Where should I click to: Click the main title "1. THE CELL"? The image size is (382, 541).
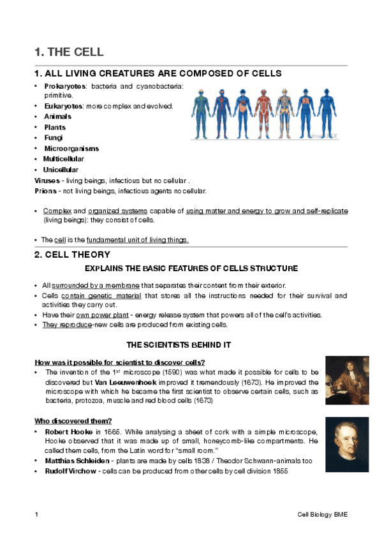click(x=68, y=52)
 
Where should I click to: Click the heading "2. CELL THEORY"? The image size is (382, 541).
click(x=70, y=255)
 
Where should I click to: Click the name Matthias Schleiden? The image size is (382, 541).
click(x=75, y=460)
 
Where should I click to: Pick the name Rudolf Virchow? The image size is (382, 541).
click(x=70, y=471)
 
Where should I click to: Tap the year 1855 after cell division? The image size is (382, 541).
click(x=281, y=471)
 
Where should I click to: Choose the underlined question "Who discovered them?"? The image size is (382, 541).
click(x=73, y=420)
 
